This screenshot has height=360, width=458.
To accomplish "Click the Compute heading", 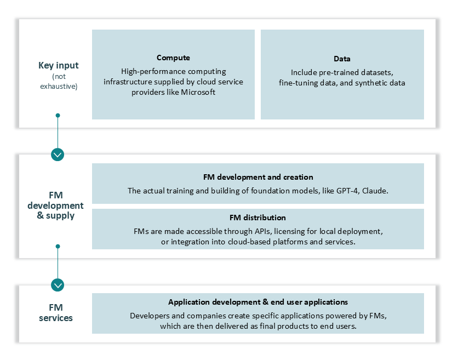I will point(173,58).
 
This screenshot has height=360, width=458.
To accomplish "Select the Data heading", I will point(342,59).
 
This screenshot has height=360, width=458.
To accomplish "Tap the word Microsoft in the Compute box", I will point(198,92).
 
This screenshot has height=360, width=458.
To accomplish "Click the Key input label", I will point(58,65).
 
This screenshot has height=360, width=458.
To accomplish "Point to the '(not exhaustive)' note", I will point(58,82).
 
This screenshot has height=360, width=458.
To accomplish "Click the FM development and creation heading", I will point(257,177).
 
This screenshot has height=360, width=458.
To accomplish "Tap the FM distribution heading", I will point(257,218).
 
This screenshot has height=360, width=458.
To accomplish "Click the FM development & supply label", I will point(58,205).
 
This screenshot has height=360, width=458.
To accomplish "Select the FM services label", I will point(56,313).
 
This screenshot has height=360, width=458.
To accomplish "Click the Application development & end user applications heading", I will point(257,302).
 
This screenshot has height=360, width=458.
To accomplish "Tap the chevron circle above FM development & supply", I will point(58,154).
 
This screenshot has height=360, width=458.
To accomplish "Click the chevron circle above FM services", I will point(58,285).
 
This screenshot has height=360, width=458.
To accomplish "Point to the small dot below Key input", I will point(58,116).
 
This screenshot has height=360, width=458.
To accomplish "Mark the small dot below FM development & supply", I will point(58,247).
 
